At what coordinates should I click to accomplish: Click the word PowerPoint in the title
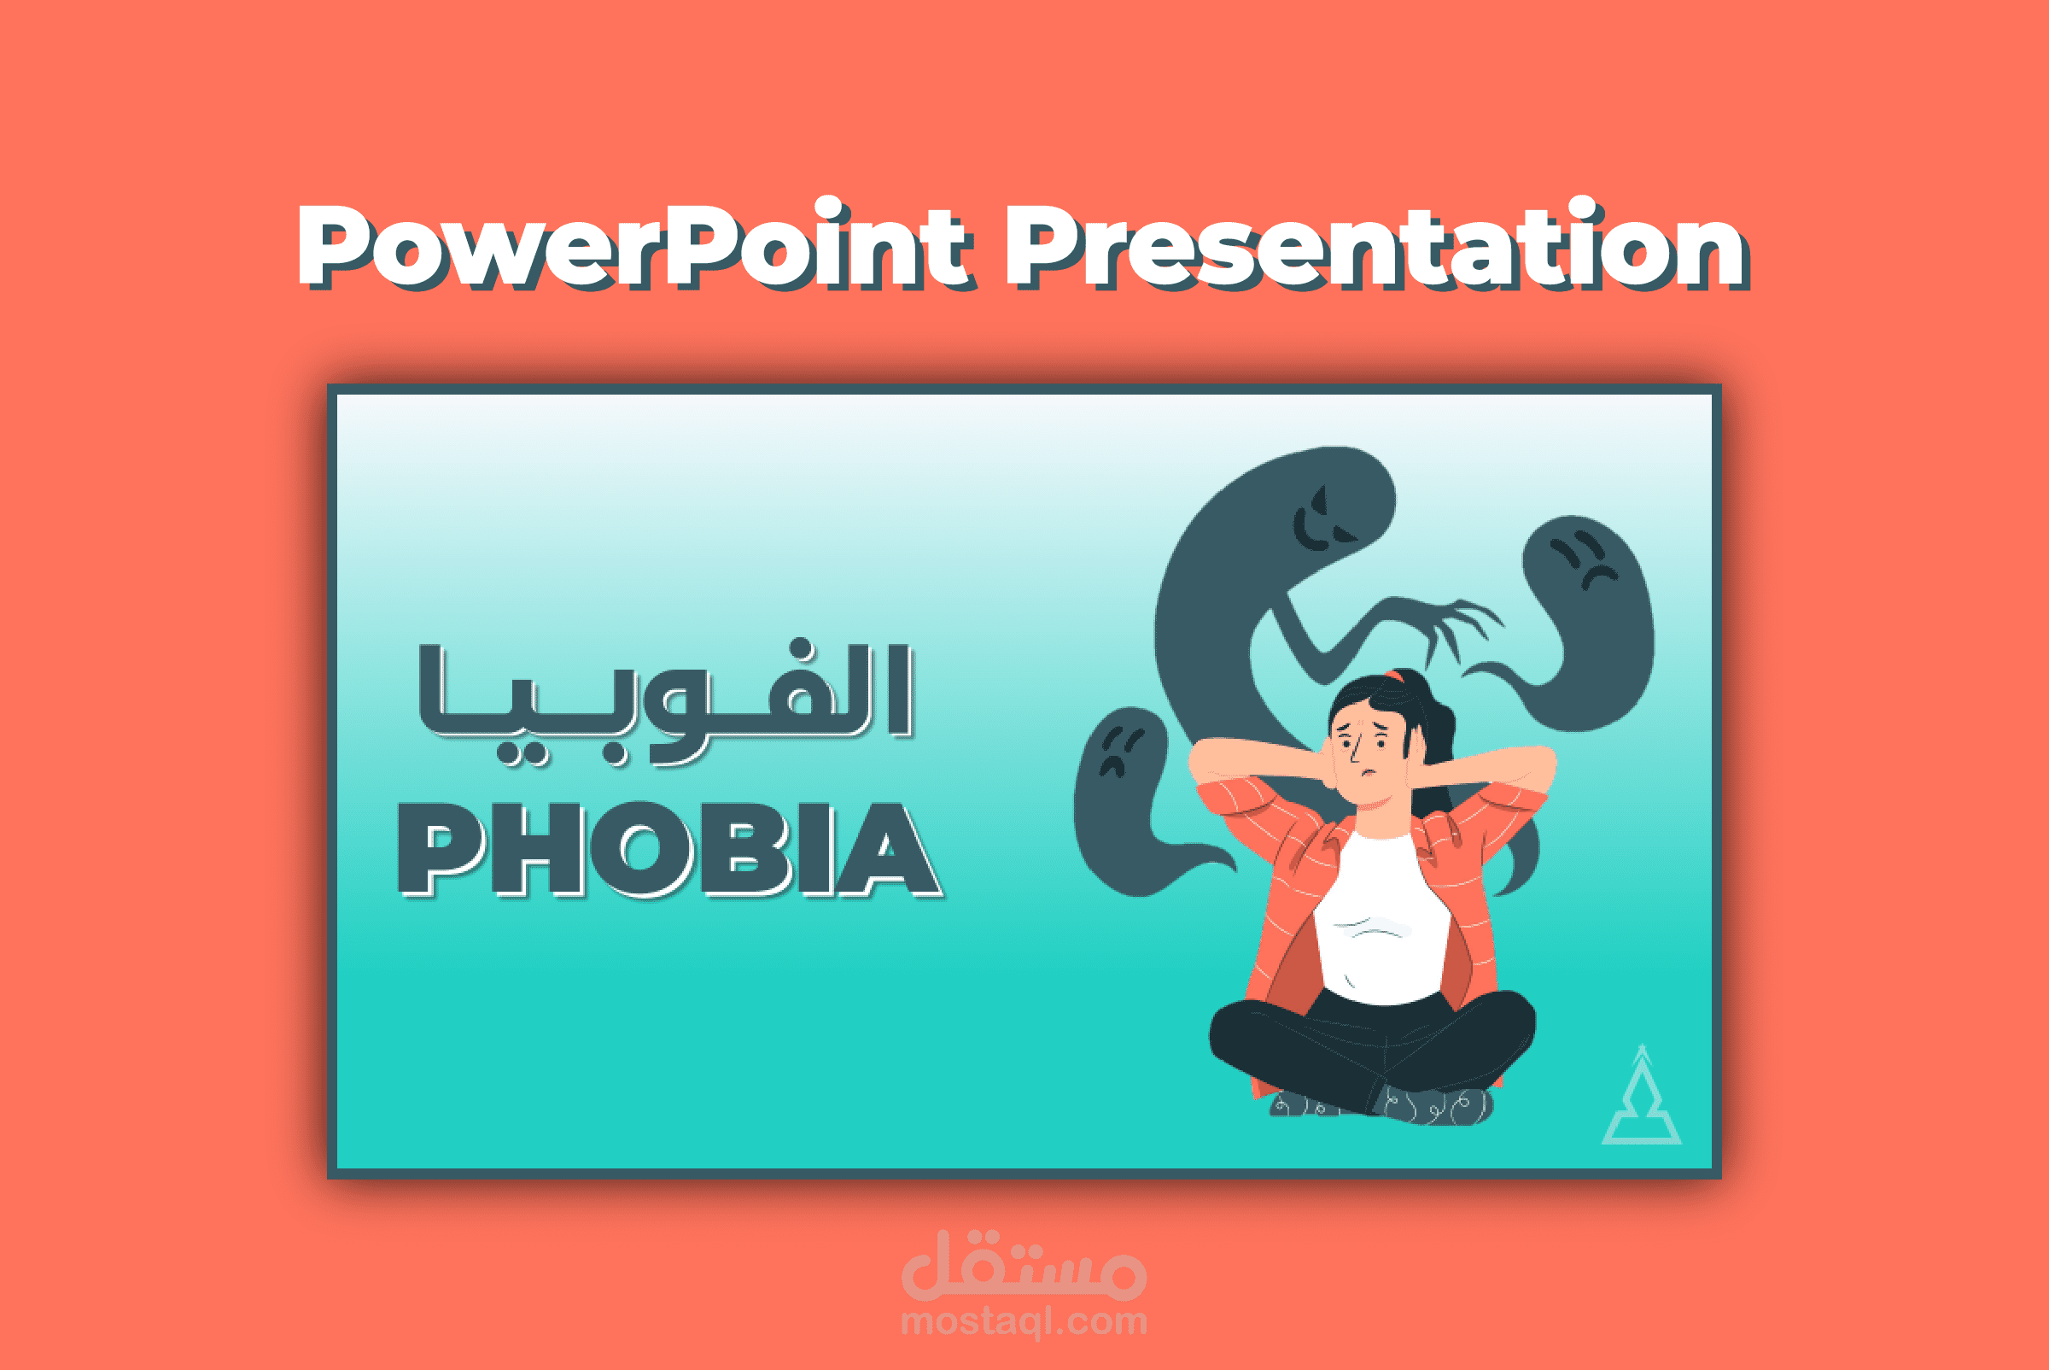633,247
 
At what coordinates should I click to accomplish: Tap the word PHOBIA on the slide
669,850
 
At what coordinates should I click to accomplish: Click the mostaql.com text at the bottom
1024,1320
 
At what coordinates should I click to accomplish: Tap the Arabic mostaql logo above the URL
1024,1266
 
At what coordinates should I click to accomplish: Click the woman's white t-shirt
1380,917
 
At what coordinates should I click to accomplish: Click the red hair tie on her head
1396,676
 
